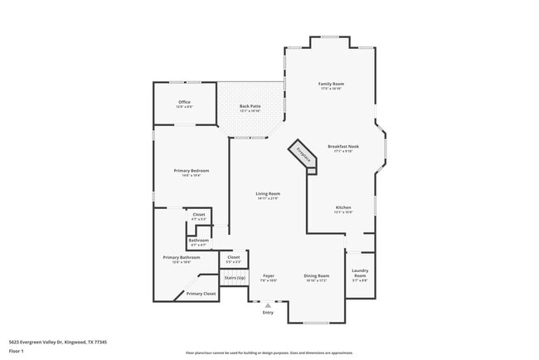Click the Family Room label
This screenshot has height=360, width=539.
[x=332, y=84]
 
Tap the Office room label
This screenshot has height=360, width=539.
[x=183, y=102]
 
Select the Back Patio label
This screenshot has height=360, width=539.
[x=250, y=106]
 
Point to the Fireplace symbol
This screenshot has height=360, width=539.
[x=303, y=156]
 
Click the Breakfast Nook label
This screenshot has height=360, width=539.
[x=343, y=146]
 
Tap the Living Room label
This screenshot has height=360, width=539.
[x=268, y=193]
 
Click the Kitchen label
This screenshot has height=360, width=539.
[x=343, y=207]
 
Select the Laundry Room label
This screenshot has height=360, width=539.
[x=360, y=273]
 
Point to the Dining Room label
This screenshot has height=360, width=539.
[x=317, y=275]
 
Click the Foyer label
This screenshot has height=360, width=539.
[x=268, y=275]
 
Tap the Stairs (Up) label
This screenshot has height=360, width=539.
[x=235, y=277]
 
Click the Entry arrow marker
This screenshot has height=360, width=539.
[x=268, y=305]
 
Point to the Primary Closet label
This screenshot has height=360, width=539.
[x=200, y=294]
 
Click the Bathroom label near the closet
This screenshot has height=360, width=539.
[x=198, y=241]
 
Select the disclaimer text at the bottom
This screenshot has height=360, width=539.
[x=269, y=352]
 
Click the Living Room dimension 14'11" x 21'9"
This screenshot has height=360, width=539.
[x=268, y=198]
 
